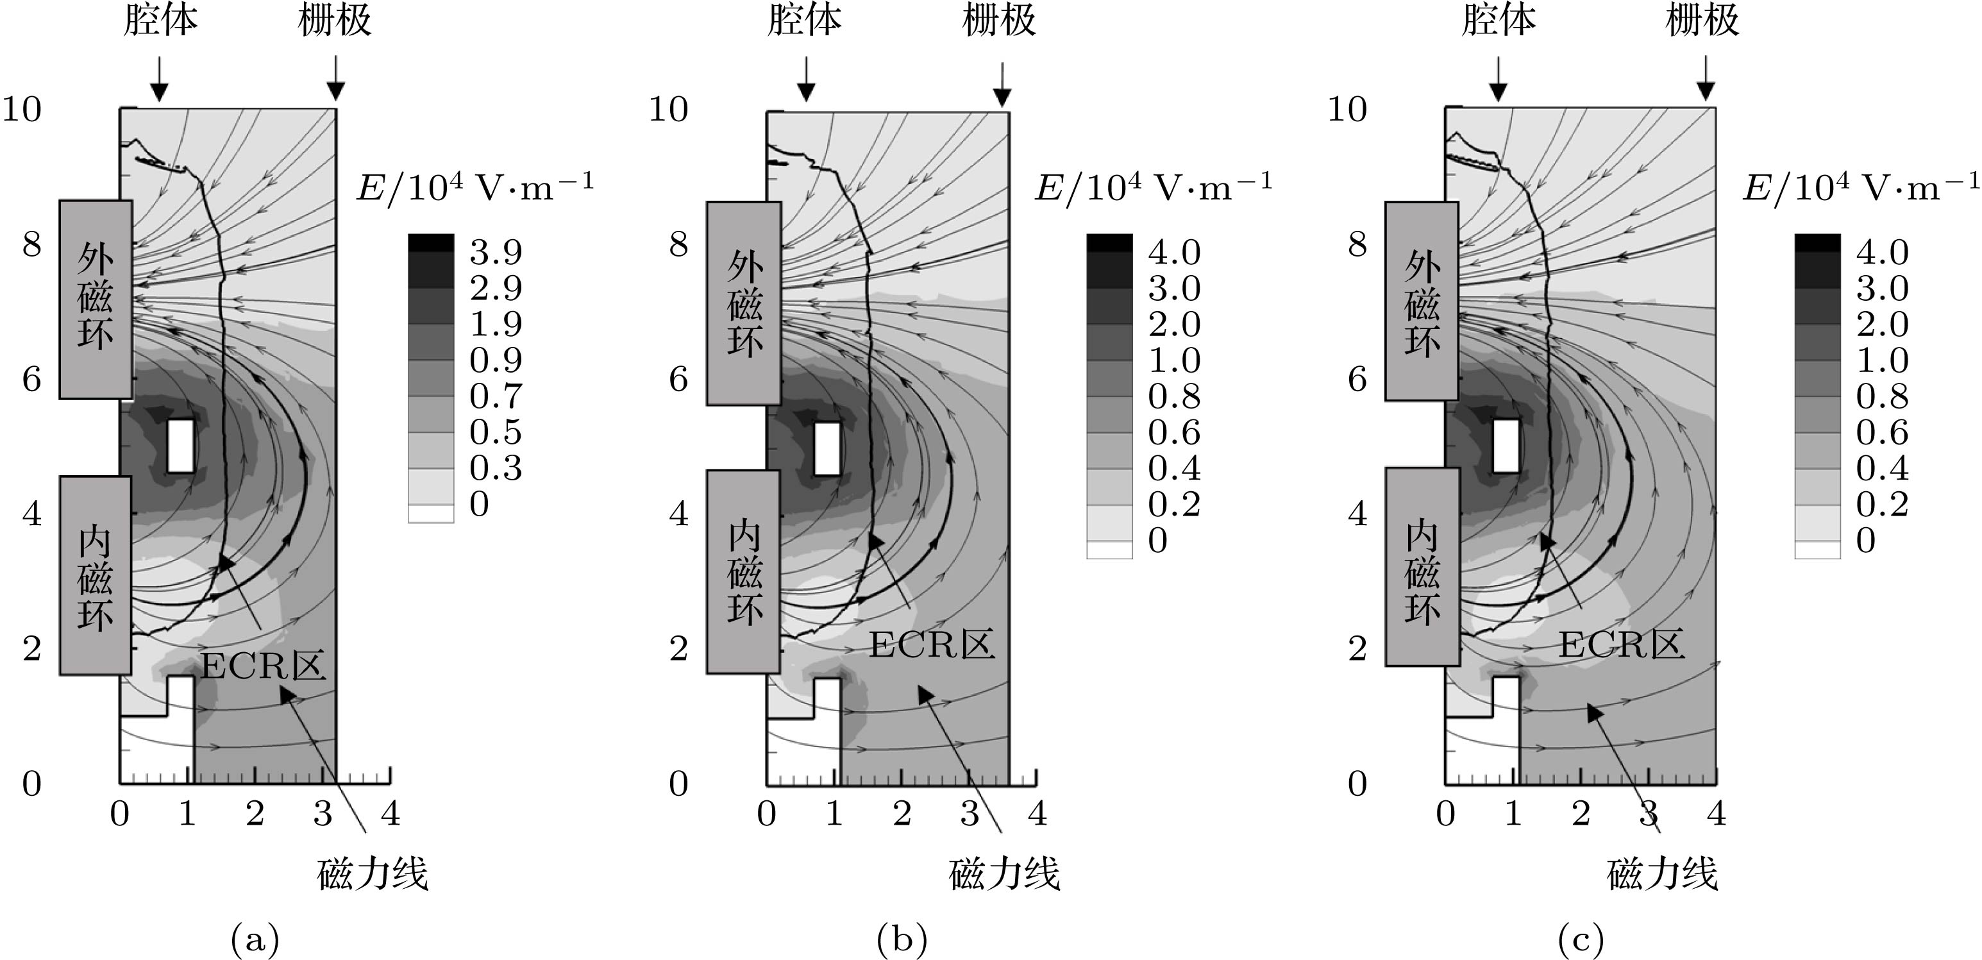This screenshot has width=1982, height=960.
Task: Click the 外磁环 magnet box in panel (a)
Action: pos(96,299)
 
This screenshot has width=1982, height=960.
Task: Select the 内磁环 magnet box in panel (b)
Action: pos(743,571)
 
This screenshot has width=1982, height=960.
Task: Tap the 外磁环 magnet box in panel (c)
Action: pos(1422,301)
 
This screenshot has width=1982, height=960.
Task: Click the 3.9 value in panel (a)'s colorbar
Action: pos(496,251)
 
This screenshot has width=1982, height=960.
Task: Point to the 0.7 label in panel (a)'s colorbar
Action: pos(496,396)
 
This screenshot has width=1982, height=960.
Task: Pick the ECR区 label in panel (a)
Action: pos(263,664)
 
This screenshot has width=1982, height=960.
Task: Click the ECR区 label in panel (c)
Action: pos(1621,644)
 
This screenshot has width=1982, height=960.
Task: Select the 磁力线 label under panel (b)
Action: pos(1005,875)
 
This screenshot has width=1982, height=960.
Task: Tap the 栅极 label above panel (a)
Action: pos(335,21)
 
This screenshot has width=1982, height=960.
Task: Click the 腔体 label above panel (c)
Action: pos(1499,21)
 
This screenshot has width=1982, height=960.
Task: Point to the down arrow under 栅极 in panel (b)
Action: pos(1002,85)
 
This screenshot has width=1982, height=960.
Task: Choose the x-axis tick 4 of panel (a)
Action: pos(391,814)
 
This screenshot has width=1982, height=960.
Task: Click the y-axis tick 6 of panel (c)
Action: pos(1357,379)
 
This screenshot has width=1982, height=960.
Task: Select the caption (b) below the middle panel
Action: pos(902,939)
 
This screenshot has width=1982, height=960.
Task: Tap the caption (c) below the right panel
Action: pos(1581,939)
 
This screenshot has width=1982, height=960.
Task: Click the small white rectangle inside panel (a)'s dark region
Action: pos(181,446)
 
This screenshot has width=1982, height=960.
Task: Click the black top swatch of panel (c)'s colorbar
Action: pos(1817,243)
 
